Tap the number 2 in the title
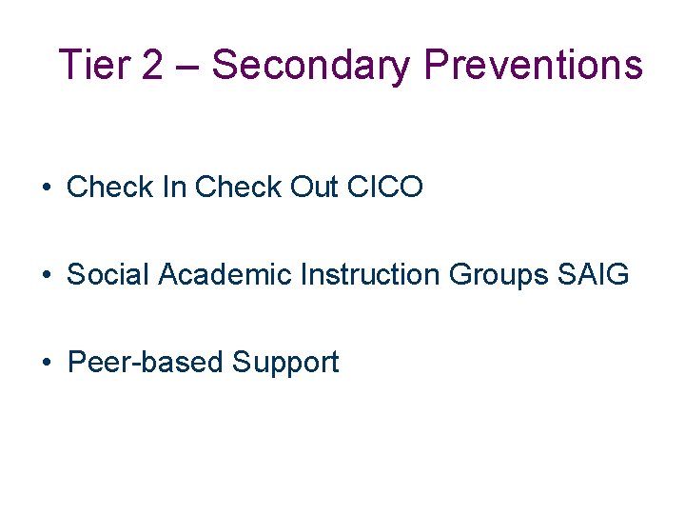(x=150, y=66)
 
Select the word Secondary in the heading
(x=312, y=66)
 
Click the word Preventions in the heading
(x=534, y=66)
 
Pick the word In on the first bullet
(x=175, y=188)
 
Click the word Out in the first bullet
(x=314, y=188)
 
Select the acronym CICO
(x=385, y=188)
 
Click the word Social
(x=108, y=275)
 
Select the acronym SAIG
(x=594, y=275)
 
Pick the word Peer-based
(x=146, y=363)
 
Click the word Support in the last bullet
(x=285, y=364)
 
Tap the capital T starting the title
(x=68, y=66)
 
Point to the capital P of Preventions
(x=435, y=66)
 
